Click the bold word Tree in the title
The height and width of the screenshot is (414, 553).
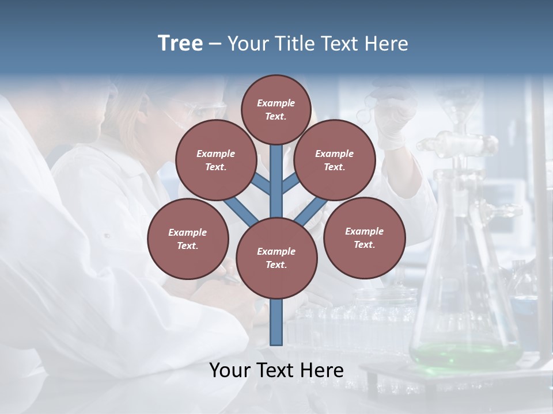pos(180,44)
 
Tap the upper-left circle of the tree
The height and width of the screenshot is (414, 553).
pos(215,160)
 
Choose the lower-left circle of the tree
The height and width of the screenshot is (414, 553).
pos(188,239)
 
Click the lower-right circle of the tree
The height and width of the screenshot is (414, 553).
pos(364,238)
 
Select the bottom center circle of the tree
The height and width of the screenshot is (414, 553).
pos(276,258)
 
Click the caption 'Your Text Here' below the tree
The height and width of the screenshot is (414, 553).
pos(276,370)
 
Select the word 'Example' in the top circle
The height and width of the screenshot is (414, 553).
pos(276,103)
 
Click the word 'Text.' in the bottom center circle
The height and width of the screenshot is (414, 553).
pos(276,264)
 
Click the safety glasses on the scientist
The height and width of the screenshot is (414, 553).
pos(199,109)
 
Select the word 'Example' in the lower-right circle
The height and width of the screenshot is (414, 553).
pos(364,231)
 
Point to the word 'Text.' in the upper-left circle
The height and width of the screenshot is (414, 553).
pos(215,167)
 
